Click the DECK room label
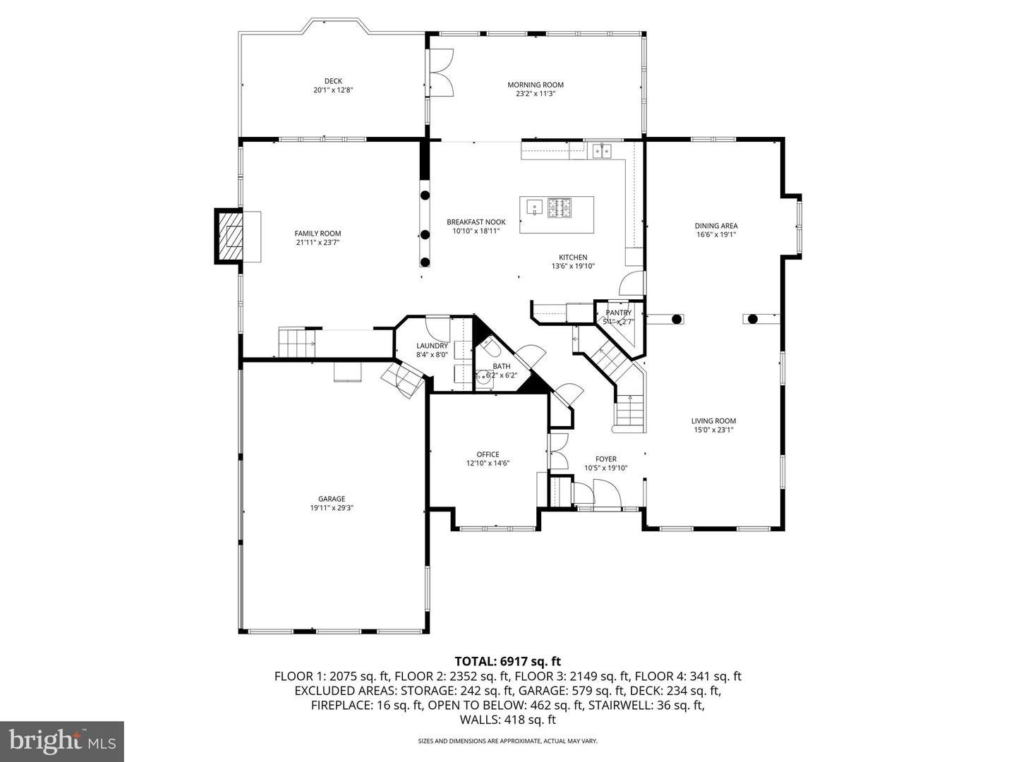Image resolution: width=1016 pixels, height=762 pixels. (x=333, y=81)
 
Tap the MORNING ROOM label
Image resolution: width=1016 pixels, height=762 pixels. (x=536, y=85)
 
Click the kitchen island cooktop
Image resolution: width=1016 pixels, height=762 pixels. (x=560, y=207)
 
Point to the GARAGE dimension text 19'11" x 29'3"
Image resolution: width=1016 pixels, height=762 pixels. (x=331, y=508)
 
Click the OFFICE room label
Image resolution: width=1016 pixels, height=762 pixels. (x=488, y=454)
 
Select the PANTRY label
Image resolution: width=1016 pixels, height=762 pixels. (x=618, y=313)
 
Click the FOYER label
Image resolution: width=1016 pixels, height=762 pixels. (x=605, y=459)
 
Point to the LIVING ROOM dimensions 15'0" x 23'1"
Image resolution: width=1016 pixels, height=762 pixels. (x=713, y=430)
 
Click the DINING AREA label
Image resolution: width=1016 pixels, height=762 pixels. (x=716, y=226)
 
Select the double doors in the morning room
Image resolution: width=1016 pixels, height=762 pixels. (x=442, y=72)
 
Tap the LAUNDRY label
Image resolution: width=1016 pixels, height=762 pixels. (x=432, y=346)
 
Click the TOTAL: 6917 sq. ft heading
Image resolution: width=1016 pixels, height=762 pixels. (x=507, y=661)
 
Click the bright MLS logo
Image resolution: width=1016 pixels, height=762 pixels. (x=62, y=741)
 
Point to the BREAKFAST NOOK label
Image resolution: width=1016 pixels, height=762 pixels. (x=476, y=222)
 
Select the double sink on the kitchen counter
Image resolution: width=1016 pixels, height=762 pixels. (x=602, y=150)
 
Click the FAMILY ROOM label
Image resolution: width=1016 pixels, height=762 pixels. (x=317, y=234)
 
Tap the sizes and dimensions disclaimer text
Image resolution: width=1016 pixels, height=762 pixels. (x=507, y=741)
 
